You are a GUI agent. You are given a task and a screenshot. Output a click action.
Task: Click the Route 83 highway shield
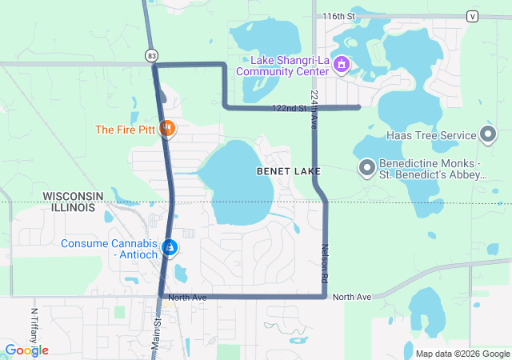point(152,55)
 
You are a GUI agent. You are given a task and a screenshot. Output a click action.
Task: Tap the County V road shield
point(472,16)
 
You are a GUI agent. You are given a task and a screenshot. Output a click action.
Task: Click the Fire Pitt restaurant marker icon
point(168,128)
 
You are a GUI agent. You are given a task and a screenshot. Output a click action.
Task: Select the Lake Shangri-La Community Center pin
point(341,63)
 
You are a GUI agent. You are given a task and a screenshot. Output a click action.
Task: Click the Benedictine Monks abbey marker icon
point(367,167)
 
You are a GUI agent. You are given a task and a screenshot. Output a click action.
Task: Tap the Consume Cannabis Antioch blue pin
point(170,248)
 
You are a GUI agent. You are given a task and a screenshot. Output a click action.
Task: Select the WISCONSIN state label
point(74,196)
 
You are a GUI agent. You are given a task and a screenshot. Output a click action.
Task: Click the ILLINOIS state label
point(74,207)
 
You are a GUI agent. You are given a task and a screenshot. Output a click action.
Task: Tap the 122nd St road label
point(290,108)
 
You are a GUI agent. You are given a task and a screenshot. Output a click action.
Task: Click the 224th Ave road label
point(314,106)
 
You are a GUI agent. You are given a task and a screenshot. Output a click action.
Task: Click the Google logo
point(26,350)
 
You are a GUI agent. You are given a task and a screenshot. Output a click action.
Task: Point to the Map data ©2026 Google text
point(462,354)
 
